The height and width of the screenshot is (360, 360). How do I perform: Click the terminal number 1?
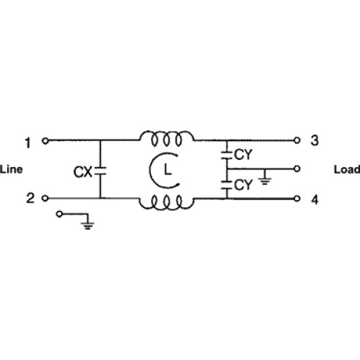(28, 143)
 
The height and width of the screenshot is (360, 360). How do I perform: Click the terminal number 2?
(30, 198)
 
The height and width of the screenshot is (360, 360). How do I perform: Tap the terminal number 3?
(315, 140)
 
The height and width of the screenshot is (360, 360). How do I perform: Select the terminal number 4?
(315, 199)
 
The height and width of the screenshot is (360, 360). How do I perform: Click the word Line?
(12, 169)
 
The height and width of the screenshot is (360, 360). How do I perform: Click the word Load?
(347, 169)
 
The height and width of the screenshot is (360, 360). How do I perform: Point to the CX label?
(83, 172)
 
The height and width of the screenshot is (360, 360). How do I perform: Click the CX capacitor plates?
(100, 171)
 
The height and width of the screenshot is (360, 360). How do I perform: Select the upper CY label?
(243, 155)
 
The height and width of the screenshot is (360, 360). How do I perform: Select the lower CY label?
(243, 185)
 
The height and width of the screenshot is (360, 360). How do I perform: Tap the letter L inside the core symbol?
(168, 170)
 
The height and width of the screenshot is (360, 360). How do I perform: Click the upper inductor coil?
(167, 138)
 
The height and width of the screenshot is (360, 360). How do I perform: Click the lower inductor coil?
(166, 202)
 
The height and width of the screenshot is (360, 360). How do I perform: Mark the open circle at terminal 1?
(45, 141)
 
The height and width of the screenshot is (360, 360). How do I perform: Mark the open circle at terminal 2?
(45, 198)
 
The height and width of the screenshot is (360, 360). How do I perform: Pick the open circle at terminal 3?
(297, 140)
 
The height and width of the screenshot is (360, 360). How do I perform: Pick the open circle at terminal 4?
(297, 199)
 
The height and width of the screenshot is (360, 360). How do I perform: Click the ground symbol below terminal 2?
(88, 225)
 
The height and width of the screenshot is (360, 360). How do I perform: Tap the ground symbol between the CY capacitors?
(265, 181)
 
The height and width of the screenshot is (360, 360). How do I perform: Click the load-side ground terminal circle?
(297, 169)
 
